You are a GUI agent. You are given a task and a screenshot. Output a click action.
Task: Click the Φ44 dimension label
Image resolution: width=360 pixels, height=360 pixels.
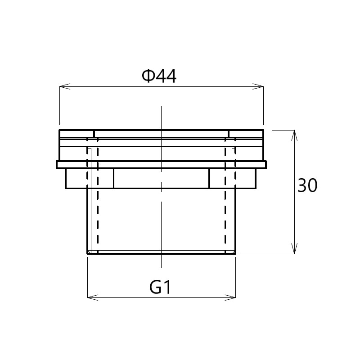(159, 76)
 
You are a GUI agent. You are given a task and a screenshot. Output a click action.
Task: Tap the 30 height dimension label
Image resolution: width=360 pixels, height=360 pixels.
(307, 185)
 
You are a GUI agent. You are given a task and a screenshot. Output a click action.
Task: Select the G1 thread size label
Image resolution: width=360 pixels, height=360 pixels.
(160, 287)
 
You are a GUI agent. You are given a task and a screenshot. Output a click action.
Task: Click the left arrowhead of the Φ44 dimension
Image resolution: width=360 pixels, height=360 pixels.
(65, 86)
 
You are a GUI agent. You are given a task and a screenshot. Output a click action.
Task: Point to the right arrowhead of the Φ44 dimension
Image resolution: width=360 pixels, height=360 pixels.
(258, 86)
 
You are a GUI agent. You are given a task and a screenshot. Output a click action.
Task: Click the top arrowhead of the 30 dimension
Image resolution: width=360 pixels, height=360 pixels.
(294, 135)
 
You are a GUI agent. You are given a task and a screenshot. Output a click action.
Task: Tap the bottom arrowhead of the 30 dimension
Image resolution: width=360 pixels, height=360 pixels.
(294, 249)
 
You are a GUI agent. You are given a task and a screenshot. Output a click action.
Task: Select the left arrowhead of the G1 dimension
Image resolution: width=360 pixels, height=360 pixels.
(93, 297)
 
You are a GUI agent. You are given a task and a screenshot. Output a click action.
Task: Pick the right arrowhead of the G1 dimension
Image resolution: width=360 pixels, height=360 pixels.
(230, 297)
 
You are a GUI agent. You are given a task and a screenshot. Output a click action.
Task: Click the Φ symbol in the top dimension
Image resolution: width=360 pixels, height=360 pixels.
(148, 76)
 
